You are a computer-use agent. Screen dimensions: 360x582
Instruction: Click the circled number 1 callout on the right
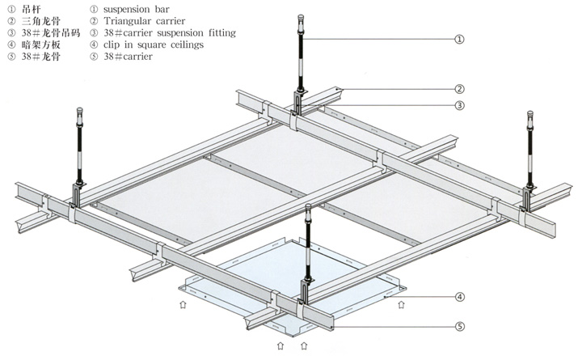pyautogui.click(x=459, y=38)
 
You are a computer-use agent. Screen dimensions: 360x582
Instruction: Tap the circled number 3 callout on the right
pyautogui.click(x=458, y=105)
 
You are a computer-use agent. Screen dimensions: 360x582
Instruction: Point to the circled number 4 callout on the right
pyautogui.click(x=459, y=297)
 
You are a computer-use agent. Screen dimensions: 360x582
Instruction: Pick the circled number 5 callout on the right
pyautogui.click(x=459, y=327)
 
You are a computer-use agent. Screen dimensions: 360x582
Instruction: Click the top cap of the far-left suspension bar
pyautogui.click(x=81, y=112)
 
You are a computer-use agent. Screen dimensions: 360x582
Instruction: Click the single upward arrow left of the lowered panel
pyautogui.click(x=182, y=306)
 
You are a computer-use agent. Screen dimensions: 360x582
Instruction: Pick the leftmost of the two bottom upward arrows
pyautogui.click(x=280, y=346)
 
